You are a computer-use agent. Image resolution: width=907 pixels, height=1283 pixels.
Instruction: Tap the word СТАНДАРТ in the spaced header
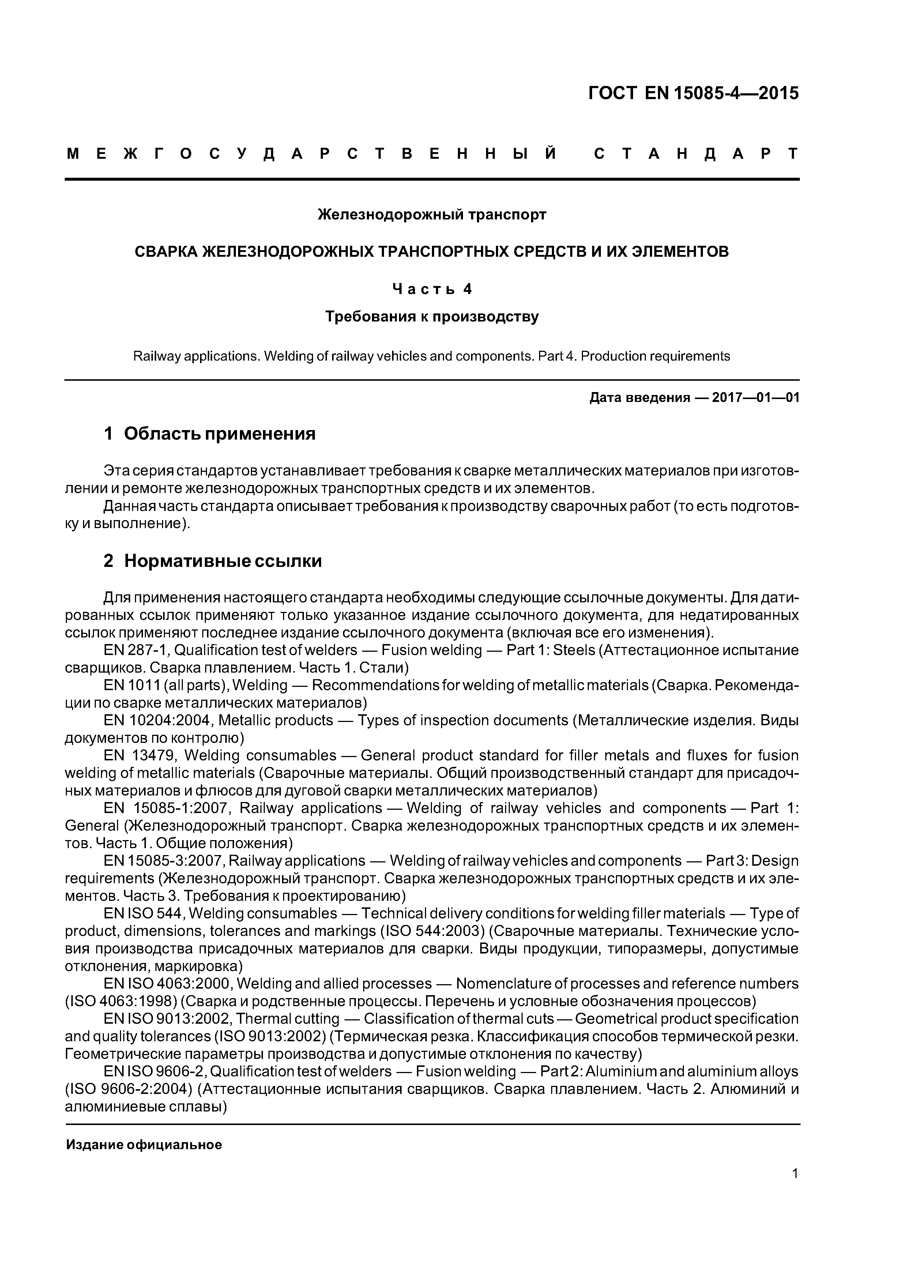point(696,154)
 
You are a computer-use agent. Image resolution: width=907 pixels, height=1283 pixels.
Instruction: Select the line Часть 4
point(432,289)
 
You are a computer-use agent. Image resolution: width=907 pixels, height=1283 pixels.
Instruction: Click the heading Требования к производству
point(432,317)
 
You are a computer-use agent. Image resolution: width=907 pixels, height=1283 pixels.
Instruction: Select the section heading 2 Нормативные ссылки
point(212,560)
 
